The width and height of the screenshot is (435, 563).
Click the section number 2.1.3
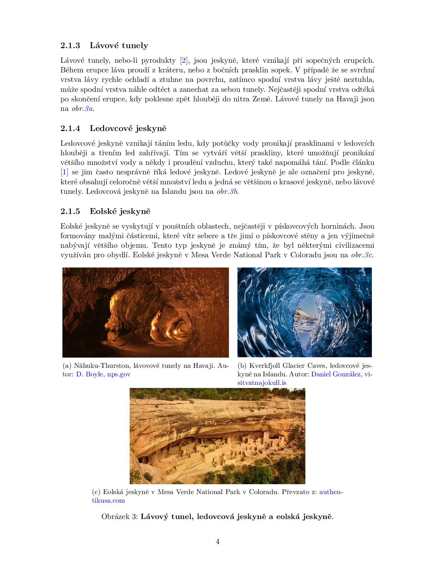click(70, 45)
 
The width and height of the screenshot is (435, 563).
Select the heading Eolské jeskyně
click(120, 211)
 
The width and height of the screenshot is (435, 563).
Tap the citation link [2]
click(184, 60)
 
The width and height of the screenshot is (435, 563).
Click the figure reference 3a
click(89, 109)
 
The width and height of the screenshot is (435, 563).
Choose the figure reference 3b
click(233, 191)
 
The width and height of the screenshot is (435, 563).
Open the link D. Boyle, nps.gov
click(103, 374)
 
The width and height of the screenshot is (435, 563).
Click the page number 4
click(217, 542)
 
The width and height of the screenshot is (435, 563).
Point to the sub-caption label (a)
click(67, 366)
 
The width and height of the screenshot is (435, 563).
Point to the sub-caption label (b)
click(242, 366)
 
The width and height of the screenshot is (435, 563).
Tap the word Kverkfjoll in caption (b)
click(265, 366)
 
